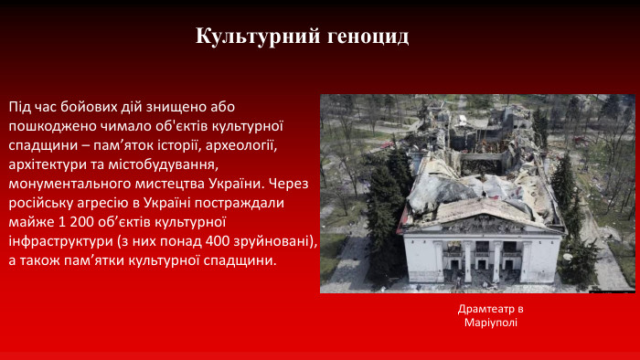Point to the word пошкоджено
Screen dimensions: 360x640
tap(47, 125)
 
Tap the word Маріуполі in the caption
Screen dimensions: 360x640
tap(491, 323)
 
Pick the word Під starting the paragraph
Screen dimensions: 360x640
tap(19, 106)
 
